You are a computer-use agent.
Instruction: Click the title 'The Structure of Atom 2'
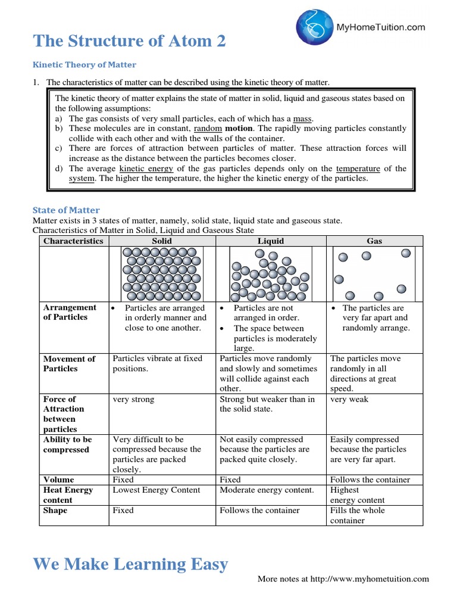[130, 41]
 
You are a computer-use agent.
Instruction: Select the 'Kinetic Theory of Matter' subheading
[84, 65]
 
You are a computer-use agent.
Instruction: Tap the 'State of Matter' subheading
[65, 210]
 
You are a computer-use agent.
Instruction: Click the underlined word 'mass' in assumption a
[303, 119]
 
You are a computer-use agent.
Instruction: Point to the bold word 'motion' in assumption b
[238, 128]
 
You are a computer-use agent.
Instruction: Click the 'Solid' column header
[162, 241]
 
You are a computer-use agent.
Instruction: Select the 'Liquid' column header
[271, 241]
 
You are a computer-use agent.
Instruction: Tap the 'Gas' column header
[375, 241]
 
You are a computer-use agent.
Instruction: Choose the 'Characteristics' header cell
[73, 241]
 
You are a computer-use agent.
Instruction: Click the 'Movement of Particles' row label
[69, 363]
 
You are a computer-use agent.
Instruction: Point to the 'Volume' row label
[58, 480]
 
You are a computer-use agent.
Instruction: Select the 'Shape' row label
[55, 511]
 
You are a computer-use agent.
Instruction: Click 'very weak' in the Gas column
[349, 399]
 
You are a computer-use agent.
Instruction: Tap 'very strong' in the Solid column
[133, 399]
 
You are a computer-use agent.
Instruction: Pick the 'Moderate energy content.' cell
[267, 490]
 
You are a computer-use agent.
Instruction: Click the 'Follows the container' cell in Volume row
[370, 480]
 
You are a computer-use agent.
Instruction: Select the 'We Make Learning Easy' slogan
[130, 564]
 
